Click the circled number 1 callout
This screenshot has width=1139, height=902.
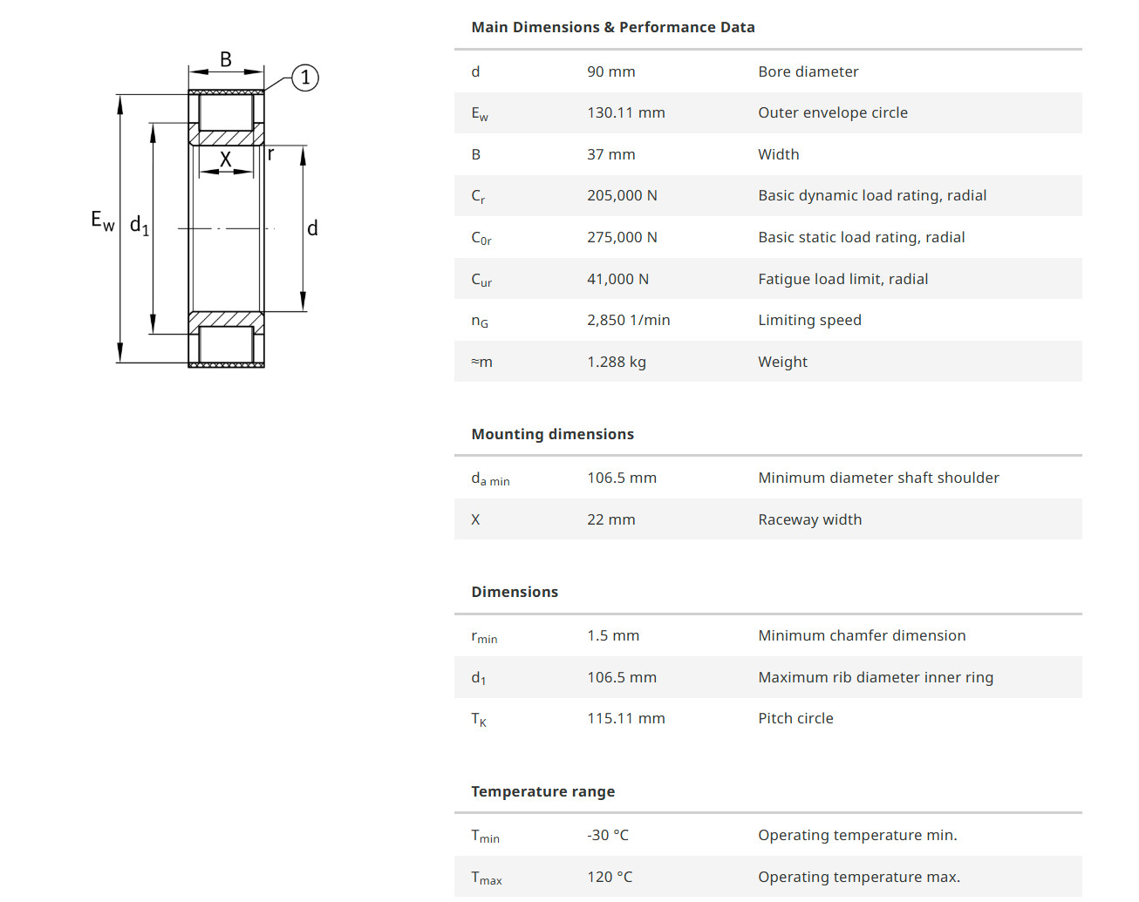tap(305, 78)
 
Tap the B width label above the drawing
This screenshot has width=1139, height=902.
tap(226, 59)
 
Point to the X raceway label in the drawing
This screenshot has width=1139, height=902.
tap(226, 159)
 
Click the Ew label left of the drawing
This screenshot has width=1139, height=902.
tap(103, 220)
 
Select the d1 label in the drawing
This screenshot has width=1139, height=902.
tap(140, 226)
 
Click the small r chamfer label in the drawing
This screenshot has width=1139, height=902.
tap(270, 154)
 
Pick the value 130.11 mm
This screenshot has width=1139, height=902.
tap(625, 112)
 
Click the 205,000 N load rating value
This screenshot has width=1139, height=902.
tap(622, 196)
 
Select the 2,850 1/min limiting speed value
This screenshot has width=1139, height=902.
tap(628, 320)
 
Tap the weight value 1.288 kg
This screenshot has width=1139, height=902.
tap(617, 362)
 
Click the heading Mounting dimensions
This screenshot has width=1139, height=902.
tap(553, 434)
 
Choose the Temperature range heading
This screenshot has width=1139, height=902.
tap(543, 791)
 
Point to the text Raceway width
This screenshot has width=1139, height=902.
tap(810, 519)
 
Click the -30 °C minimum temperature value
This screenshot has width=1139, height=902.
tap(608, 836)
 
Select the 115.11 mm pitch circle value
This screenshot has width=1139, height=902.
tap(625, 718)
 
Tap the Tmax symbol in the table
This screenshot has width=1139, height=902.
tap(487, 878)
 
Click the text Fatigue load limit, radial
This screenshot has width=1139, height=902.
tap(843, 279)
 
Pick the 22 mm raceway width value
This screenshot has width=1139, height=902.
tap(610, 519)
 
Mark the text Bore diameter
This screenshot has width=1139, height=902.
tap(808, 71)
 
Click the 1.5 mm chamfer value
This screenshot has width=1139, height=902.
tap(613, 635)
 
